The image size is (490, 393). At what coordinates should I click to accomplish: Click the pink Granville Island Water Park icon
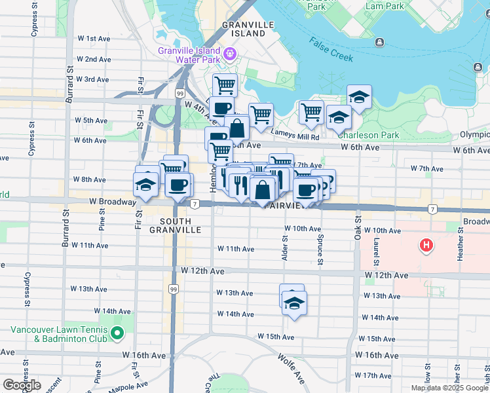(x=229, y=53)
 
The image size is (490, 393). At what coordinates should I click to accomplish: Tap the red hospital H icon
(x=426, y=246)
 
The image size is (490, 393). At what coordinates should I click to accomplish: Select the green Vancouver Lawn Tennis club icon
(x=117, y=334)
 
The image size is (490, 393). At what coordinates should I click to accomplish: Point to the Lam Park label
(x=386, y=5)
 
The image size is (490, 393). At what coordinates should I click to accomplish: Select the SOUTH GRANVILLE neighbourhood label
(x=175, y=225)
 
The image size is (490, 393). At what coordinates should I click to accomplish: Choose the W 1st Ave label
(x=93, y=39)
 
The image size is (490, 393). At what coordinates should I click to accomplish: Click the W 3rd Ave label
(x=92, y=79)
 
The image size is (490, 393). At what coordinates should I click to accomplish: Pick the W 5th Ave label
(x=91, y=121)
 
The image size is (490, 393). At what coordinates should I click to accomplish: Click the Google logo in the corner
(x=22, y=384)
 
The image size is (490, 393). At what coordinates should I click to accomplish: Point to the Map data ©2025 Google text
(x=449, y=388)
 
